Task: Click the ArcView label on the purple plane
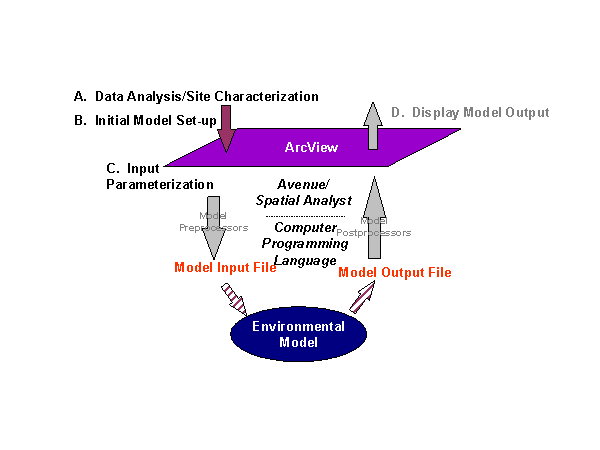coord(311,147)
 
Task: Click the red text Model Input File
coord(225,267)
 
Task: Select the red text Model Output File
coord(395,272)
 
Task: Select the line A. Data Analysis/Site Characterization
coord(196,97)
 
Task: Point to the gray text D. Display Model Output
coord(470,112)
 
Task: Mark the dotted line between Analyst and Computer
coord(304,214)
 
